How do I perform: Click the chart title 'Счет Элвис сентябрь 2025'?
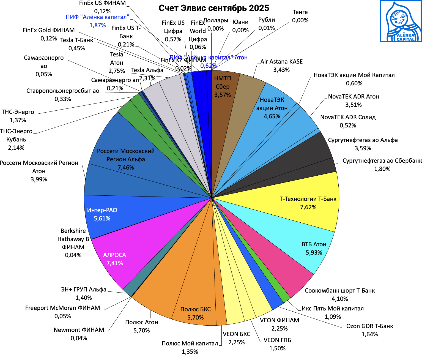214,8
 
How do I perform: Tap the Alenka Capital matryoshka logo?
401,21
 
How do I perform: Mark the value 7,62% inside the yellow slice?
308,207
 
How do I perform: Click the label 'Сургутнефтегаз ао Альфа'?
363,140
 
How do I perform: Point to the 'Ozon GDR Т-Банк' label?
369,326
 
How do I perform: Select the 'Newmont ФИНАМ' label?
79,330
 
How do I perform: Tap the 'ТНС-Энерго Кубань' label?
16,135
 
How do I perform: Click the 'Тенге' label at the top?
300,12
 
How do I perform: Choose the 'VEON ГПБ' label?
277,340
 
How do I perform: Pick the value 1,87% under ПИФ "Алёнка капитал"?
97,25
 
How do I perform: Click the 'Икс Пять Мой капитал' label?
333,309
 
